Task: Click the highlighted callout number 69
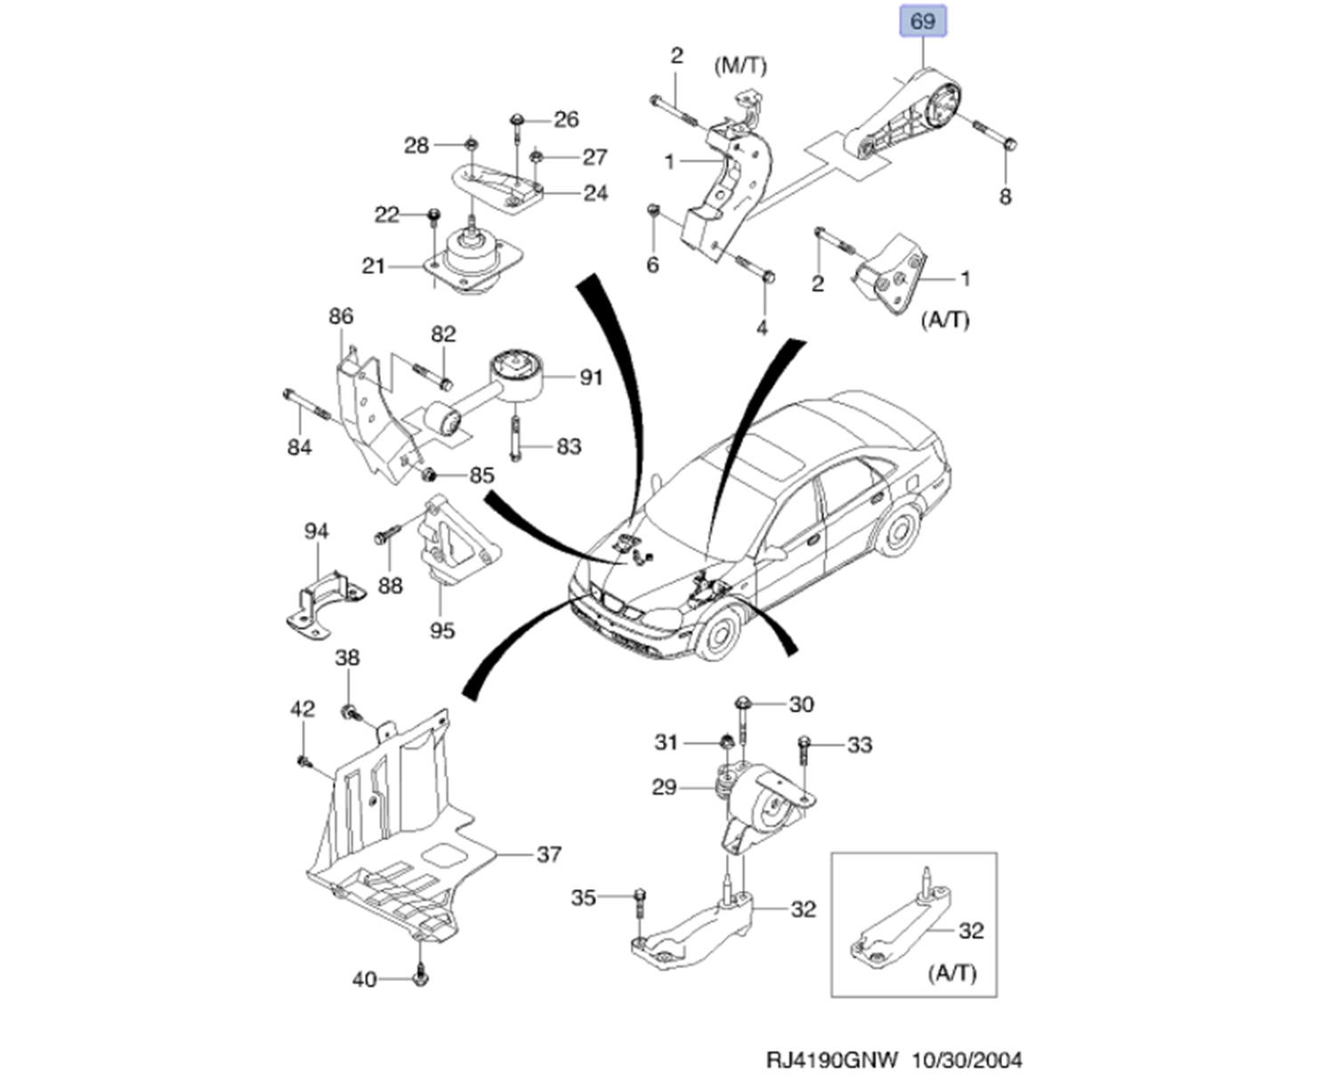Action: [x=923, y=20]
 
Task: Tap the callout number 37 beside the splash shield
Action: [x=549, y=854]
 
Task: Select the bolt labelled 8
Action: [x=994, y=135]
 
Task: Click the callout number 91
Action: [x=591, y=378]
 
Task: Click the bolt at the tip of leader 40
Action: [x=421, y=977]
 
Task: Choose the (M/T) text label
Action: [x=740, y=66]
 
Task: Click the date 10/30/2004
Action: [x=967, y=1060]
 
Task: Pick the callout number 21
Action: [x=374, y=265]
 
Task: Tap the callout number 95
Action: [x=442, y=630]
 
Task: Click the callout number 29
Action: [x=664, y=787]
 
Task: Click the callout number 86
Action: [x=341, y=316]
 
